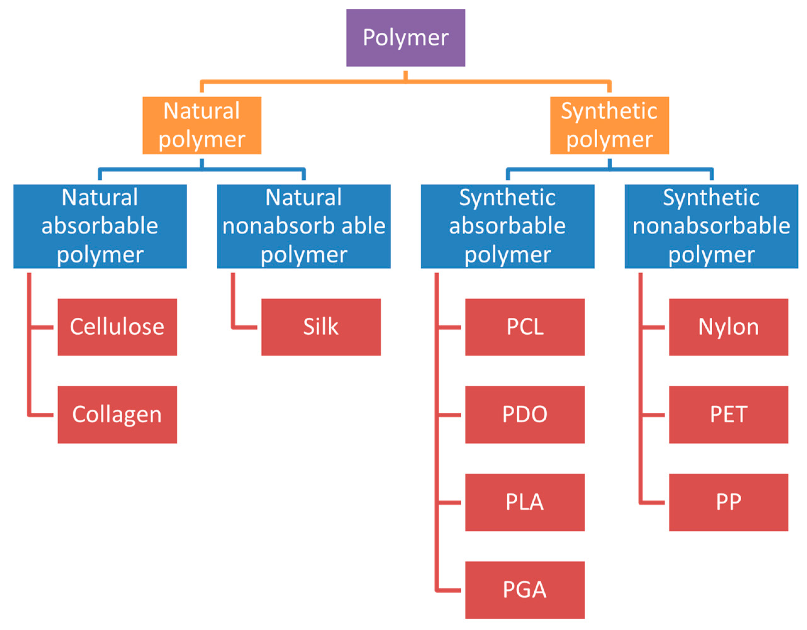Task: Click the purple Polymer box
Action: tap(405, 38)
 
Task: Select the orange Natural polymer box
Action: tap(202, 125)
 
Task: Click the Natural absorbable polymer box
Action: tap(100, 226)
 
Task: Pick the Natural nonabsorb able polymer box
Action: tap(303, 226)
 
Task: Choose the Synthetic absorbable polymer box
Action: tap(507, 226)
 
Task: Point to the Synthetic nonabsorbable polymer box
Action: tap(711, 226)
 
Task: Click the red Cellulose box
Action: tap(117, 327)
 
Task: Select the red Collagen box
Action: tap(117, 415)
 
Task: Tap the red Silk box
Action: tap(321, 327)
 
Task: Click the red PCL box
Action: tap(524, 327)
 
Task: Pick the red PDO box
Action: tap(524, 415)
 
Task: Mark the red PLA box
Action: tap(524, 502)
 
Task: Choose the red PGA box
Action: tap(524, 590)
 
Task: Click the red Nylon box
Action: tap(728, 327)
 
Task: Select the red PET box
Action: tap(728, 415)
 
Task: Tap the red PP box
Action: tap(728, 502)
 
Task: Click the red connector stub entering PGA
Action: tap(449, 590)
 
